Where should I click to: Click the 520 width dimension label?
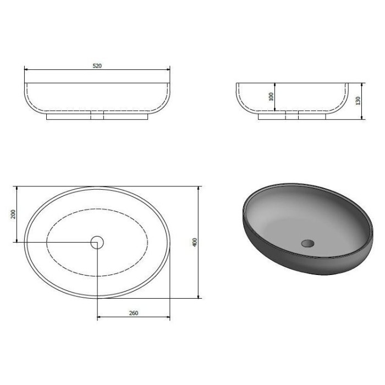(97, 66)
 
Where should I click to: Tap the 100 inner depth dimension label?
(271, 96)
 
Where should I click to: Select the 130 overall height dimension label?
(358, 101)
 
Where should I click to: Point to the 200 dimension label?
(13, 214)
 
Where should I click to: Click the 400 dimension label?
(195, 243)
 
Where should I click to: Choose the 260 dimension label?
(134, 313)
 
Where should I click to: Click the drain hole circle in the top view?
(97, 243)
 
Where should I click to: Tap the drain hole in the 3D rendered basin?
(307, 243)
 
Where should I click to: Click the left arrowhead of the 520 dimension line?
(26, 69)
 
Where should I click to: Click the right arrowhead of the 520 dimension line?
(168, 69)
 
